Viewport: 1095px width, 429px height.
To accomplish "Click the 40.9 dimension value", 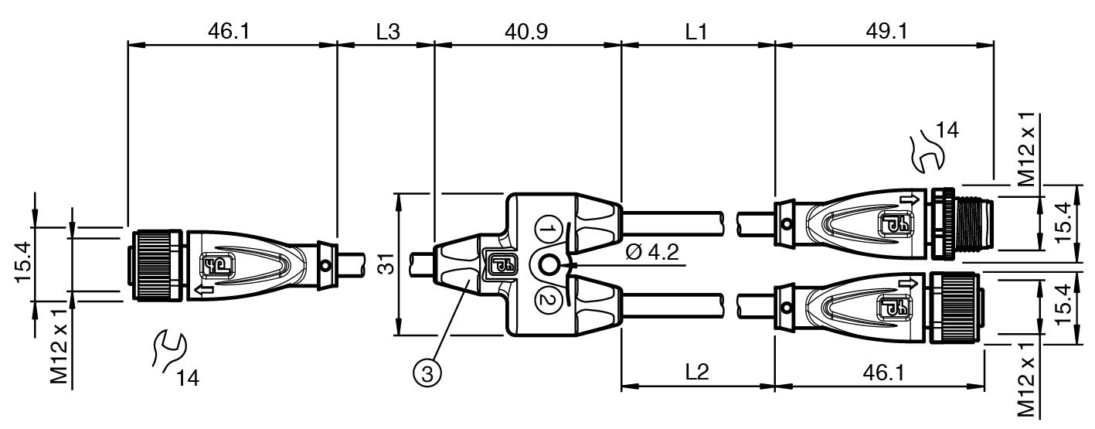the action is click(526, 32).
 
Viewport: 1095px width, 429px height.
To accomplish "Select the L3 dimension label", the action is click(388, 32).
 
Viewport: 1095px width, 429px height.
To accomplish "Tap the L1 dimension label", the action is click(696, 32).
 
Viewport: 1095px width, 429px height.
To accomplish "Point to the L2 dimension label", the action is click(696, 373).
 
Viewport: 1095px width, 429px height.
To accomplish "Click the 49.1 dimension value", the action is click(886, 32).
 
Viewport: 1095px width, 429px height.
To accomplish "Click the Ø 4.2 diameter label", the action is click(652, 253).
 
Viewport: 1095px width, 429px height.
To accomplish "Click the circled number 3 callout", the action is click(428, 374).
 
